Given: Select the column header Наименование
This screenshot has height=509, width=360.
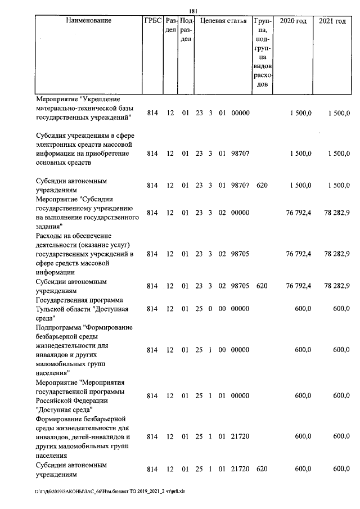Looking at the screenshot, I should tap(88, 21).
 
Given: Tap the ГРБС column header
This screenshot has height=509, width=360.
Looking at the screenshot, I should tap(152, 21).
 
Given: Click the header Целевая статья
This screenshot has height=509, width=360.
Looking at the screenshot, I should tap(223, 21).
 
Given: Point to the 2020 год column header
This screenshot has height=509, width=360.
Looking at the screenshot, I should tap(293, 21).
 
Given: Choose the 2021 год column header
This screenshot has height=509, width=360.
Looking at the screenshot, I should tap(332, 21).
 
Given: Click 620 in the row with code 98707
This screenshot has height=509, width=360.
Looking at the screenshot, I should tap(262, 185).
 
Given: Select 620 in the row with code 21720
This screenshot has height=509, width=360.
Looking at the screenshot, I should tap(262, 469).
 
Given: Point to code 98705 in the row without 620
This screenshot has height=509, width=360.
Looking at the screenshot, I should tap(240, 254).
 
